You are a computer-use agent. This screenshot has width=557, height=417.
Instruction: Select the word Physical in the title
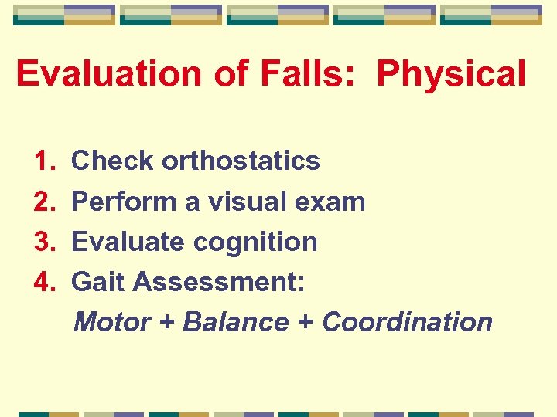point(450,74)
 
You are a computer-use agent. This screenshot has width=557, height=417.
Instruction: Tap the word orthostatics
point(241,161)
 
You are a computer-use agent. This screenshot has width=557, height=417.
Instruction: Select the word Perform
point(122,202)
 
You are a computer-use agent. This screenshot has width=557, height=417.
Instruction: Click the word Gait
point(98,282)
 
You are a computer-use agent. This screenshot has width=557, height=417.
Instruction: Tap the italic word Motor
point(111,321)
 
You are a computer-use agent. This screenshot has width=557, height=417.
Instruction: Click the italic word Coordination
point(407,321)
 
